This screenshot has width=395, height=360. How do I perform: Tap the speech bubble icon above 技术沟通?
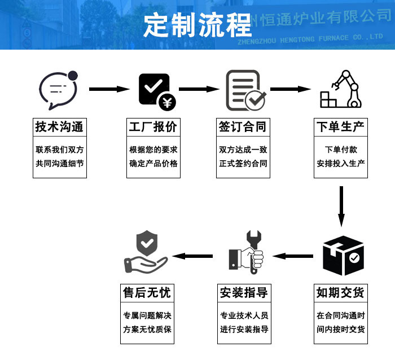point(58,90)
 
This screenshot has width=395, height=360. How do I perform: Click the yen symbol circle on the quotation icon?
point(168,103)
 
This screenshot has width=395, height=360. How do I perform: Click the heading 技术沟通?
point(59,126)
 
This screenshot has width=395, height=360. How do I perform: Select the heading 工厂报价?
point(153,126)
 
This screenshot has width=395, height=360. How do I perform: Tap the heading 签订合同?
point(243,126)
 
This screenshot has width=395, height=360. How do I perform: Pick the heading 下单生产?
point(340,126)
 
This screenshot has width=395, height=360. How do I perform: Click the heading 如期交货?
point(340,293)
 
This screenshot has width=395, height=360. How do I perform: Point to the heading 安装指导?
point(244,293)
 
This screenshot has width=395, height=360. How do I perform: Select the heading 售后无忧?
point(147,293)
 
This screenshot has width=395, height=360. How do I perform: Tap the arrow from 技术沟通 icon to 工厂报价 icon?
point(109,89)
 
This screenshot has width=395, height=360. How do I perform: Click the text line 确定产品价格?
point(153,164)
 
